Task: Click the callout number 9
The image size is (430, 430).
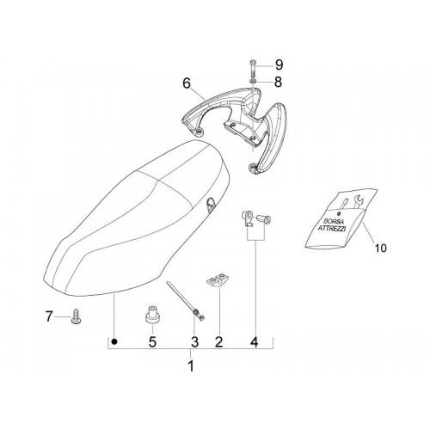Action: (x=279, y=65)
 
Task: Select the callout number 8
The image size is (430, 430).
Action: (x=278, y=82)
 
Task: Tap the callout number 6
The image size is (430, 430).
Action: (x=187, y=83)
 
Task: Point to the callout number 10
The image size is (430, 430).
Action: (x=381, y=248)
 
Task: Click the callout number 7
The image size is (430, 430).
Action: (x=49, y=316)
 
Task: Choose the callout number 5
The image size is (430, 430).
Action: (x=152, y=341)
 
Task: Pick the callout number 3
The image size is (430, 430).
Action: (x=194, y=341)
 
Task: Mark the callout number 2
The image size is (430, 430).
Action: (x=218, y=341)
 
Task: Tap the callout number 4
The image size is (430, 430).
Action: (x=255, y=341)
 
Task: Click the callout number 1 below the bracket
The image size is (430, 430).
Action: (x=191, y=366)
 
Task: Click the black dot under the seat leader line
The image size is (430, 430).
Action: (x=114, y=341)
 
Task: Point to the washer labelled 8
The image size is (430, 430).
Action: (x=253, y=82)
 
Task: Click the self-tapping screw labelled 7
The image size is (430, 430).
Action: (x=76, y=316)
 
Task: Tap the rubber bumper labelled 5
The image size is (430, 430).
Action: (x=152, y=315)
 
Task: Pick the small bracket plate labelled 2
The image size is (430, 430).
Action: (x=218, y=279)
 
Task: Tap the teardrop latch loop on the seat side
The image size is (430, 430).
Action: (x=210, y=205)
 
